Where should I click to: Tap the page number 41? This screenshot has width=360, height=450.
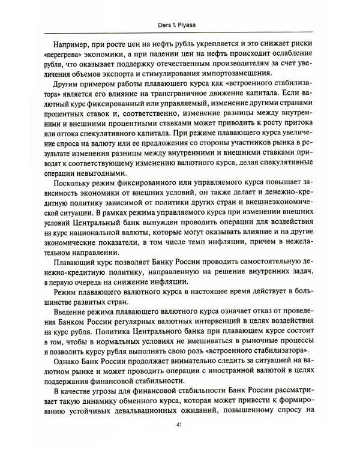(179, 426)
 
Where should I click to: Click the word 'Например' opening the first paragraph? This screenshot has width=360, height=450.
(69, 45)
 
